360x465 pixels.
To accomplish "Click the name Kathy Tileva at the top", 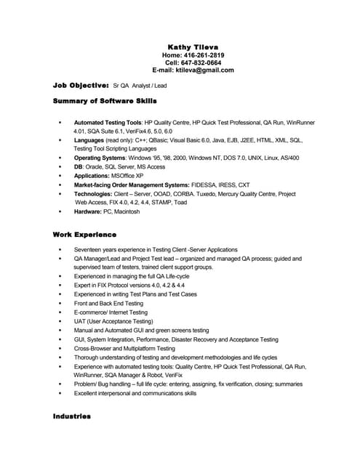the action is [193, 46].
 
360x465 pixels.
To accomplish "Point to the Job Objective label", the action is [81, 85].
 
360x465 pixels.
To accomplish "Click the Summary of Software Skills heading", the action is [105, 100].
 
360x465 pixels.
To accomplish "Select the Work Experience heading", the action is [84, 235].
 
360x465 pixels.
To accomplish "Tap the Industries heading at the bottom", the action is [72, 416].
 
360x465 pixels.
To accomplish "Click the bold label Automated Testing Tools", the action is [108, 123].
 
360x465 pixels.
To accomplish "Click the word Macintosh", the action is [127, 211].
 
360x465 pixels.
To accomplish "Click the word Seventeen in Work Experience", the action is [87, 249].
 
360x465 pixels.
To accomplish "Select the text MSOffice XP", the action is [127, 176].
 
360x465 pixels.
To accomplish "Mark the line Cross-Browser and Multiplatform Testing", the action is [124, 349].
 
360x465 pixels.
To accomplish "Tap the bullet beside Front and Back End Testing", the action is [60, 304].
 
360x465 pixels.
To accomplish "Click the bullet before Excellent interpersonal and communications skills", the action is [60, 393].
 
